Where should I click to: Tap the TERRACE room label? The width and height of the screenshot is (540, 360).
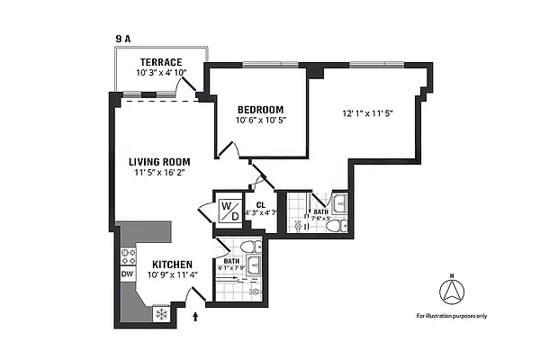160,62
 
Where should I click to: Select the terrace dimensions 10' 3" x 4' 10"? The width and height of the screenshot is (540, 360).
160,72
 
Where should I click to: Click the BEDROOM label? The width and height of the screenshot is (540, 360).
260,109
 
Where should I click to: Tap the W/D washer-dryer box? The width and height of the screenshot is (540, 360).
229,212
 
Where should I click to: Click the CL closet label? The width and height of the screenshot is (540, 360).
260,205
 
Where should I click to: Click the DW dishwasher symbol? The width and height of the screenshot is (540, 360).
127,275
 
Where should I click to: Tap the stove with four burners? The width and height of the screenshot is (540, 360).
127,254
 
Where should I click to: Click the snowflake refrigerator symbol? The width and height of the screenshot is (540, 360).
162,314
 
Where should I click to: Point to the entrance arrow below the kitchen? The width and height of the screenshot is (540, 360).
197,316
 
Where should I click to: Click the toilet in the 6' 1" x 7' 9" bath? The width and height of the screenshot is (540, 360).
256,247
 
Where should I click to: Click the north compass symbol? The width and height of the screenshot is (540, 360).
451,291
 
